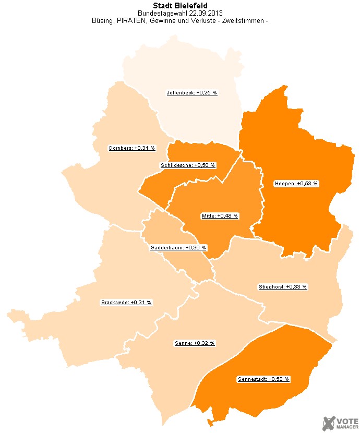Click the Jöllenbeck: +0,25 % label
(x=191, y=92)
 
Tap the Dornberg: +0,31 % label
(x=132, y=148)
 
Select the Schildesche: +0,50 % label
(x=187, y=165)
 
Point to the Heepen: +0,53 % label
(x=296, y=184)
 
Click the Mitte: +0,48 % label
(x=219, y=216)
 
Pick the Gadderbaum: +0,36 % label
(x=178, y=248)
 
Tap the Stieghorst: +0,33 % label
(x=283, y=287)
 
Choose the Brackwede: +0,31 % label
(x=126, y=303)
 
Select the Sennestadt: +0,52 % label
(x=263, y=379)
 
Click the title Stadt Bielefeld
(x=179, y=6)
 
